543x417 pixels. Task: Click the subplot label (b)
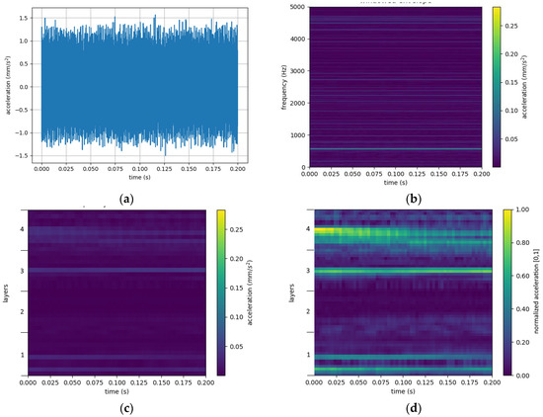403,199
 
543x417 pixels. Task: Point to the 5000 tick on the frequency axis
297,7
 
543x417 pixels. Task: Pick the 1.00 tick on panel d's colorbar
522,211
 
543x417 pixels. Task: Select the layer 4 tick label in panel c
19,228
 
